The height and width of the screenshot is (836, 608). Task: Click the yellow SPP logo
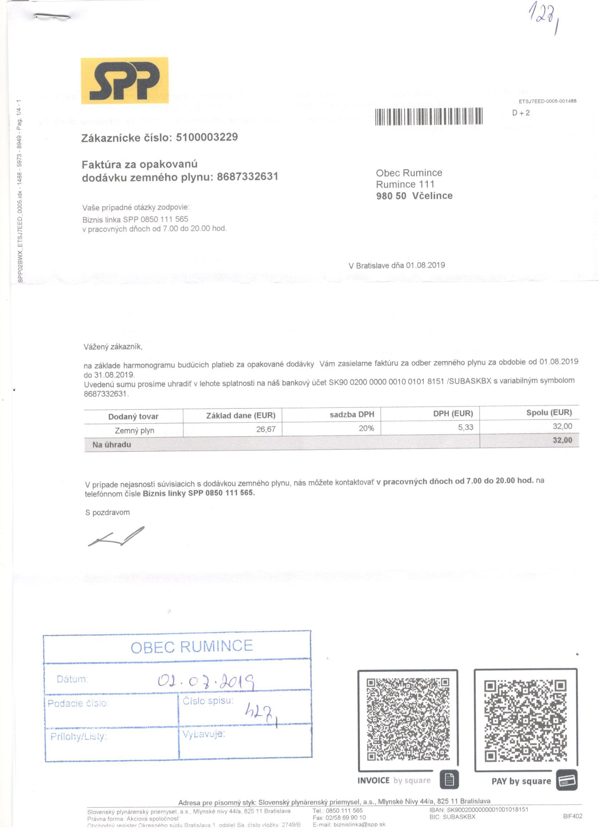(124, 80)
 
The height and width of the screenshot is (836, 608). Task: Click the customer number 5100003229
(207, 137)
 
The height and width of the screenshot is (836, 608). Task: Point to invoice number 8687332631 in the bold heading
(247, 177)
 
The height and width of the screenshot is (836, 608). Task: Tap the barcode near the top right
(429, 117)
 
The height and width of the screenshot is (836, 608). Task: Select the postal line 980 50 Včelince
(414, 196)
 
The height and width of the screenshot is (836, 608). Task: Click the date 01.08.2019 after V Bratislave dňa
(426, 265)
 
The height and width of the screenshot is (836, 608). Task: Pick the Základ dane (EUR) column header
(240, 415)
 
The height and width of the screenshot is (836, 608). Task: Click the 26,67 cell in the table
(266, 429)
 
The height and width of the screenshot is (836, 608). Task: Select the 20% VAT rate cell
(366, 428)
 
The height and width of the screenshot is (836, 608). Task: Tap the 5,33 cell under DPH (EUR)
(465, 428)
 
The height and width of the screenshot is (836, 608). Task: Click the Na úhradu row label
(112, 444)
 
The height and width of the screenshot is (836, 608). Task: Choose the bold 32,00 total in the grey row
(562, 440)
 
